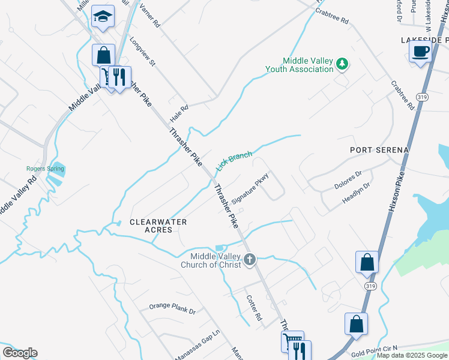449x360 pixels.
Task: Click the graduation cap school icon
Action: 103,17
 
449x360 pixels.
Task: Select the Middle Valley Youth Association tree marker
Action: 342,64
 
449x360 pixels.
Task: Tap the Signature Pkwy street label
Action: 249,191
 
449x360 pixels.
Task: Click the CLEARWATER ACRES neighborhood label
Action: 158,226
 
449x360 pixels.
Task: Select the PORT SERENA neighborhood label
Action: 381,149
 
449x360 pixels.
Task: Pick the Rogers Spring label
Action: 45,169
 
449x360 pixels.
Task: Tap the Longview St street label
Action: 143,52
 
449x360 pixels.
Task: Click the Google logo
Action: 20,353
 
